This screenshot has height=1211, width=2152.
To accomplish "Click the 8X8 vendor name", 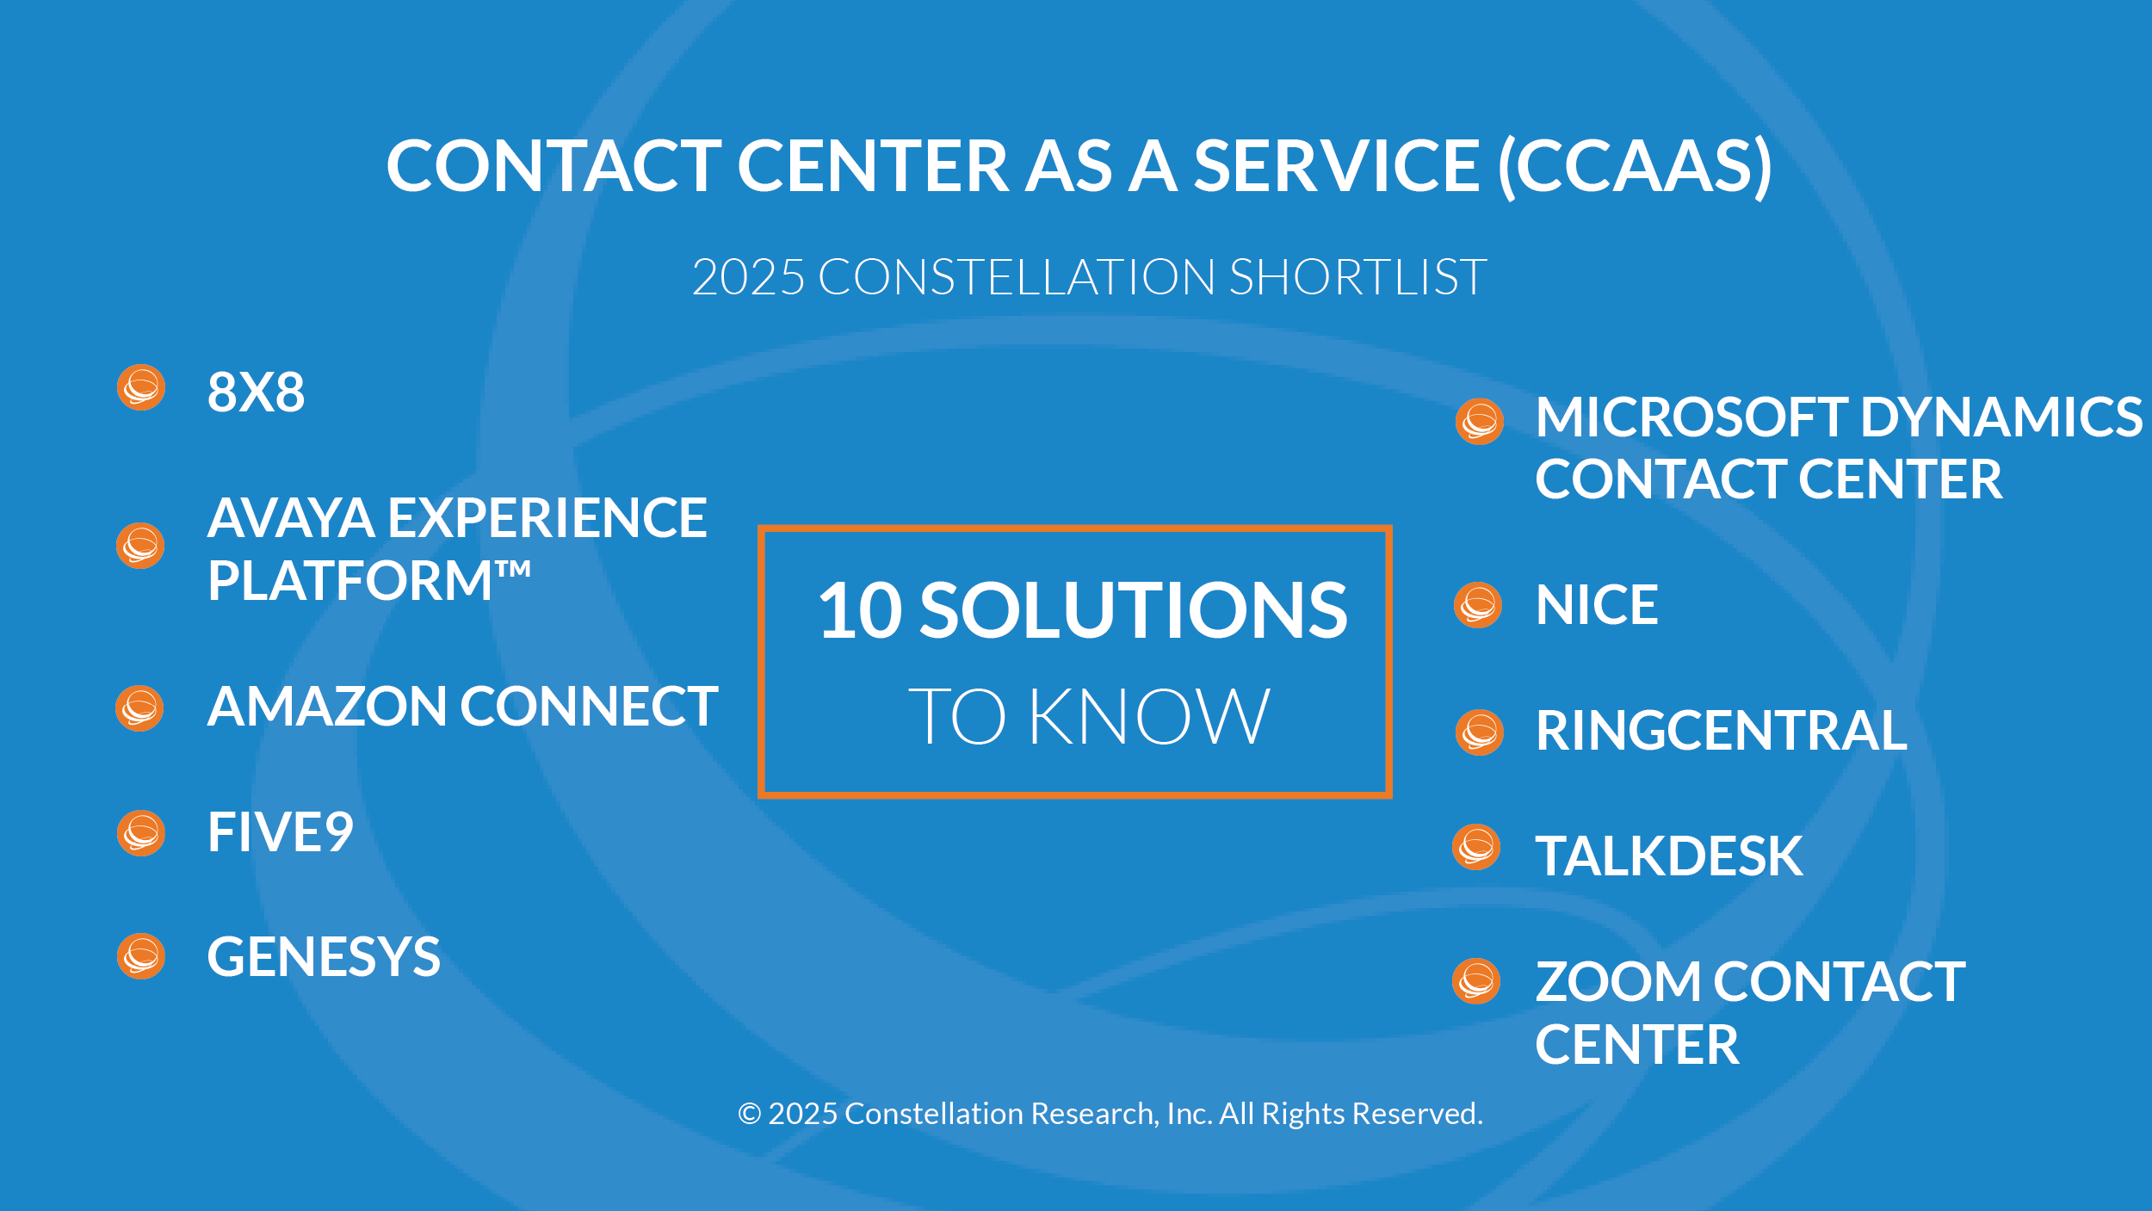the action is coord(256,392).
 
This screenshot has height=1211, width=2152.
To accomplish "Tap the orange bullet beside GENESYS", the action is coord(141,956).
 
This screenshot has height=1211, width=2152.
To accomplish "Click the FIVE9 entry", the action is coord(281,832).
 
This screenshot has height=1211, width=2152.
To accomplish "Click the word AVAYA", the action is coord(291,518).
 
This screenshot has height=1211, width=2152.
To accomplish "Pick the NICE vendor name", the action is coord(1597,605).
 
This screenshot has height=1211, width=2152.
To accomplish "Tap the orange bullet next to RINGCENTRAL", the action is coord(1480,732).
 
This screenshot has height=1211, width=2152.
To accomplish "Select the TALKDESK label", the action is coord(1669,856).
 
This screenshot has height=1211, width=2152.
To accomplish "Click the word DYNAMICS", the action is coord(2001,417).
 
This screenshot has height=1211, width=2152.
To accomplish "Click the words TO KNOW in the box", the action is coord(1089,716).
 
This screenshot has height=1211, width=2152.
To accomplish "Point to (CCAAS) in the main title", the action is coord(1636,166).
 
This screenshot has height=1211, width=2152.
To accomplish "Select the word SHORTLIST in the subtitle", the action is coord(1358,277).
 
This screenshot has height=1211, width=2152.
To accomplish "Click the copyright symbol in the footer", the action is coord(750,1115).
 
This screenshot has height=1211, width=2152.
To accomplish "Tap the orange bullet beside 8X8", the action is coord(141,387).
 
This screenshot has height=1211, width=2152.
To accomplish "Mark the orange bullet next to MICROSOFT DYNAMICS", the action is coord(1480,422).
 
